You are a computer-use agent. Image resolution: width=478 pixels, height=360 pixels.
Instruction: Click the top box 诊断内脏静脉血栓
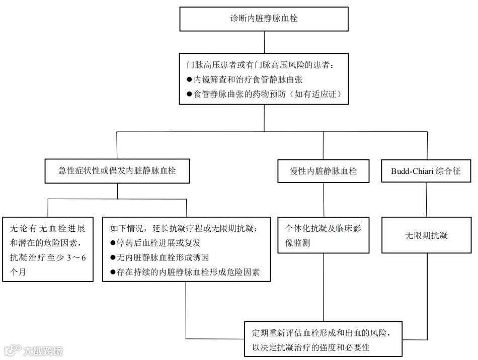(264, 19)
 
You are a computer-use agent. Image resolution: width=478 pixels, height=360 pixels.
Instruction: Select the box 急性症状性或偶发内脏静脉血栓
(117, 170)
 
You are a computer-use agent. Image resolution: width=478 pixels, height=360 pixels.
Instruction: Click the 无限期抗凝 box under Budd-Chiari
(426, 235)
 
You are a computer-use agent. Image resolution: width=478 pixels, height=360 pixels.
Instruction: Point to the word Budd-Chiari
(412, 170)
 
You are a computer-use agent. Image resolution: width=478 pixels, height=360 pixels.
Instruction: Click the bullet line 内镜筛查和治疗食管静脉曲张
(248, 80)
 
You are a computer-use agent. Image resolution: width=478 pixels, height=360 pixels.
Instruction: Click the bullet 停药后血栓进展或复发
(158, 243)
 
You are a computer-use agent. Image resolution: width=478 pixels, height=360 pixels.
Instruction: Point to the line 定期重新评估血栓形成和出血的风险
(320, 332)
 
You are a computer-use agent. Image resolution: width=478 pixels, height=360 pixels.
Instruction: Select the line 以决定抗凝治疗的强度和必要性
(310, 347)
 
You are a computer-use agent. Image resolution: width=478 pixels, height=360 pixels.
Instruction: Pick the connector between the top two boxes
(264, 41)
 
